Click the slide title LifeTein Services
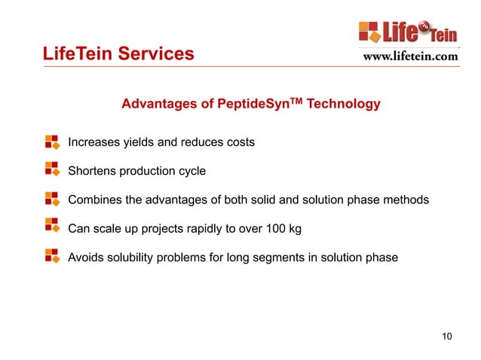(118, 54)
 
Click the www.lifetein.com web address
(410, 56)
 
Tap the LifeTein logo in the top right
(408, 32)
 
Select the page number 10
(447, 335)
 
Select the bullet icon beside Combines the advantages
(52, 199)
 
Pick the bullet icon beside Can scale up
(52, 227)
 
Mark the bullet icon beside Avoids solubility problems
(52, 256)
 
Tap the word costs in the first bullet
(239, 142)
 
